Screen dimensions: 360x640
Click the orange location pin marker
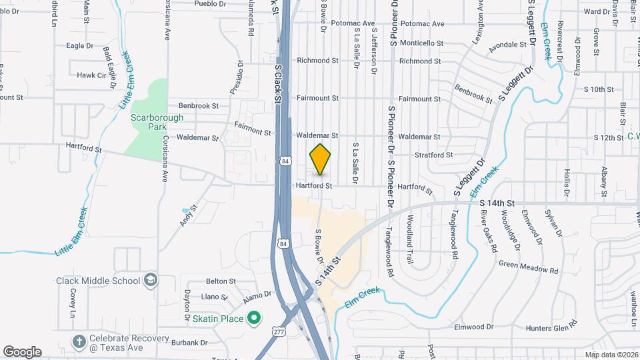(x=321, y=159)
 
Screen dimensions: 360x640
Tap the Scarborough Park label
(x=148, y=121)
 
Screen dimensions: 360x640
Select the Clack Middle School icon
(x=151, y=280)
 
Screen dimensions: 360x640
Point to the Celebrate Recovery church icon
(x=79, y=341)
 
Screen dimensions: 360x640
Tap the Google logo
(x=22, y=351)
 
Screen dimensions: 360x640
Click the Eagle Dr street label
(x=79, y=46)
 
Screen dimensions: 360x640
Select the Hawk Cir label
(x=91, y=75)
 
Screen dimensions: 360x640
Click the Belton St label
(x=221, y=282)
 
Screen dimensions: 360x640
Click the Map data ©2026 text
(x=611, y=355)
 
